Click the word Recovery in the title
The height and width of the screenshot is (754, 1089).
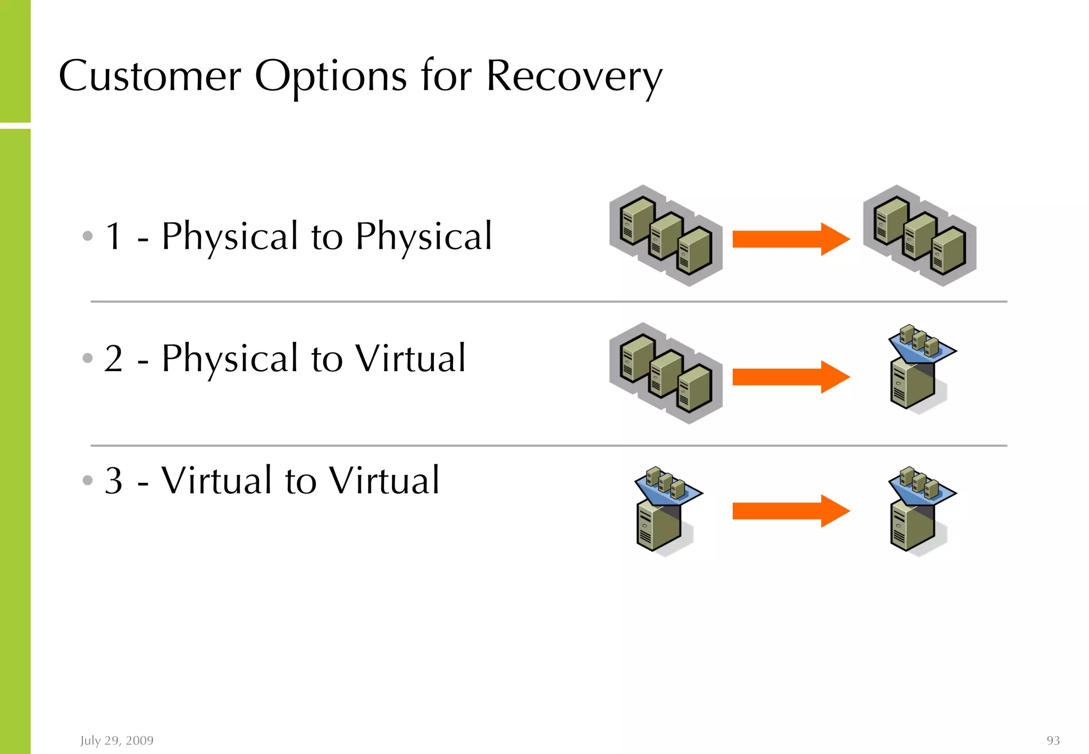574,76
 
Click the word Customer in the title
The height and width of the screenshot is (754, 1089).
149,76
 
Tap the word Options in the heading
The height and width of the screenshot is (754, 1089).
331,76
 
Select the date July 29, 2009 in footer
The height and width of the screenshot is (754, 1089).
117,740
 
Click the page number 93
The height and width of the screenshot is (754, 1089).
1053,740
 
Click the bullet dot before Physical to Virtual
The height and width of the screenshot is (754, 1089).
88,358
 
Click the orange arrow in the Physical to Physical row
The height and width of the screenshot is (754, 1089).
791,239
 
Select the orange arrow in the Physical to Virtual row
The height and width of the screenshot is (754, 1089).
791,377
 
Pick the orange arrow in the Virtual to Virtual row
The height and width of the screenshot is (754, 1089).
791,511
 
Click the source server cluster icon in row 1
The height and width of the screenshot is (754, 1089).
666,236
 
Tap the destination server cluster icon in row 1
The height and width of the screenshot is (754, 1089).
919,236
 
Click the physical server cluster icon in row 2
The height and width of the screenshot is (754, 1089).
666,373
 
